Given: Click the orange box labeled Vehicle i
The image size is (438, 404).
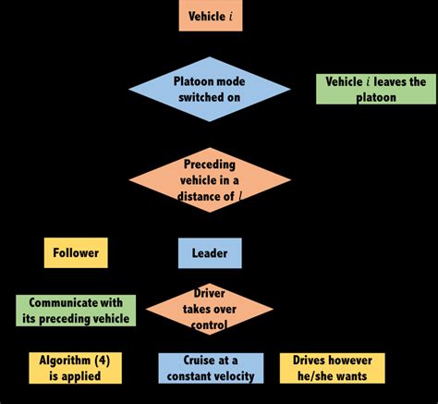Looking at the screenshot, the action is coord(211,16).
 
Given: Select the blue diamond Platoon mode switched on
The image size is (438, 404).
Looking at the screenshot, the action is coord(210,89).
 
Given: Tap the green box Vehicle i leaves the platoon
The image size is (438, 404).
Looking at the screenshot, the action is coord(376,89).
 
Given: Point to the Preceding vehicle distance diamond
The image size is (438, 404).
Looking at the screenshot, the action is coord(210,180).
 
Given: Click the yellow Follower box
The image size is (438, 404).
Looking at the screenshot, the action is coord(76,252).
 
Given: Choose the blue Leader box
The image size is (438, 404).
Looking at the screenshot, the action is coord(210,253).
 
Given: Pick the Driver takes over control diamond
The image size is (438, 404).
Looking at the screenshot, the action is coord(210,309).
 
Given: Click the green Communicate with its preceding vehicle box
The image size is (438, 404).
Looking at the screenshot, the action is coord(76,311).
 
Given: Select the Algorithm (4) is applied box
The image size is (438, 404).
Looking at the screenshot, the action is coord(75,368).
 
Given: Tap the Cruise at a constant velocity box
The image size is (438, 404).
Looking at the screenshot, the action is coord(211,368).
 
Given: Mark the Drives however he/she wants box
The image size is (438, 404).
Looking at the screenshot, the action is coord(333,368).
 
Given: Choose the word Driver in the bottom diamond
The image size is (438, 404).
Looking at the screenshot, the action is coord(210,293).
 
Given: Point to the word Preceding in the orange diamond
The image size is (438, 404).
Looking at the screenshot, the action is coord(210,165).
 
